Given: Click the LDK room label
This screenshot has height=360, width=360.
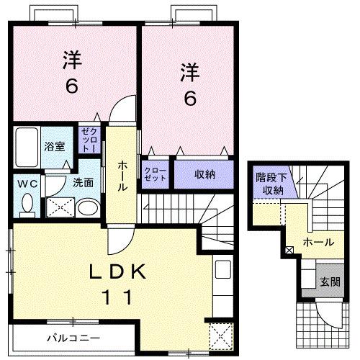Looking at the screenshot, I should point(119,272).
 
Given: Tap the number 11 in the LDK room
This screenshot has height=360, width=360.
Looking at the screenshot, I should point(119,296).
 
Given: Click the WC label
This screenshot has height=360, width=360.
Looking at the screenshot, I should point(27,184).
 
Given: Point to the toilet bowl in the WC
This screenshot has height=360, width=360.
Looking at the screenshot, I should point(28,205).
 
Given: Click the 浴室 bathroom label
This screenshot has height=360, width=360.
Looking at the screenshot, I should point(54,146).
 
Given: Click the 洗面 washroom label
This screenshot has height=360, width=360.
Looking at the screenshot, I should point(84,183).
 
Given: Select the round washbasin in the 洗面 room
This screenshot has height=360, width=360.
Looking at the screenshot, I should point(86,210).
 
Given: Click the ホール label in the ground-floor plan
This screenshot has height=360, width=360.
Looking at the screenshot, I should point(318,242).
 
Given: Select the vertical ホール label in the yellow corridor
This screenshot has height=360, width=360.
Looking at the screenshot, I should point(122,175).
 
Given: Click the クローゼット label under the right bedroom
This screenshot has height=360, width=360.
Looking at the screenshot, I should point(154,174).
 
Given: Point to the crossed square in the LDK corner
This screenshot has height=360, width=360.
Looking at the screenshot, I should point(219,336).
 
